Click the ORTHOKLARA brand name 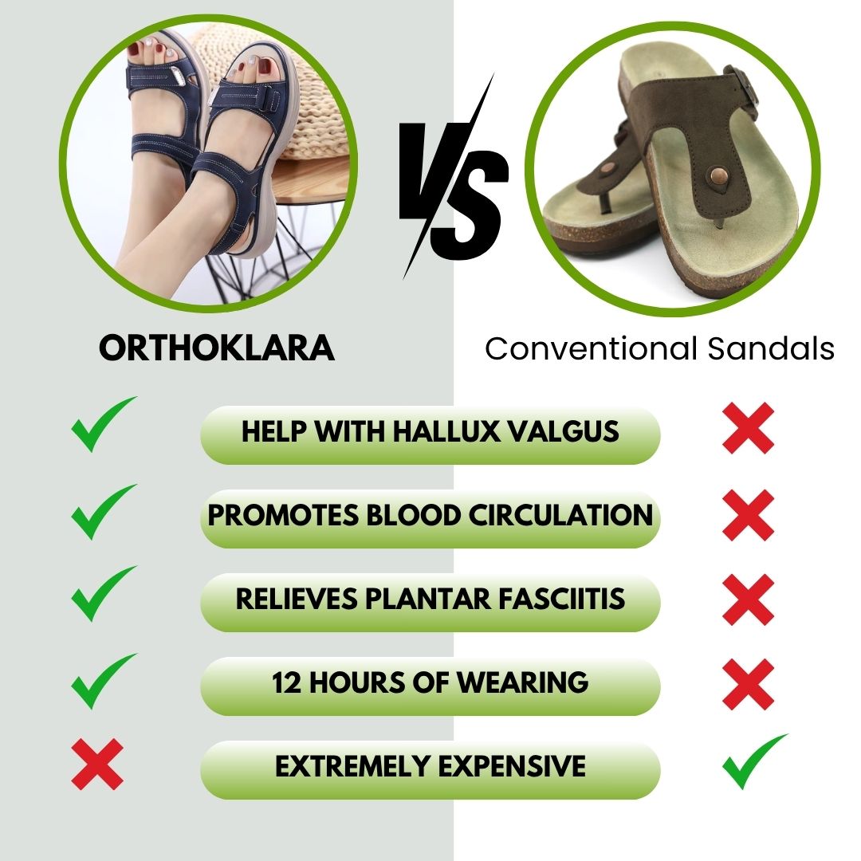click(217, 348)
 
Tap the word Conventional click(589, 348)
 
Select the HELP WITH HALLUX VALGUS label click(430, 432)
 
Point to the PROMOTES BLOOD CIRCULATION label click(430, 516)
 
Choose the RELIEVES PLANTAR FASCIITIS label click(430, 600)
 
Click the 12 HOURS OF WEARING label click(430, 683)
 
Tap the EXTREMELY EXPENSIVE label click(430, 767)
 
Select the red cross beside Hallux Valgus click(748, 429)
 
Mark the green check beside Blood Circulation click(103, 512)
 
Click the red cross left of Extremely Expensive click(97, 764)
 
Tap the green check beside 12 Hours click(103, 679)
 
